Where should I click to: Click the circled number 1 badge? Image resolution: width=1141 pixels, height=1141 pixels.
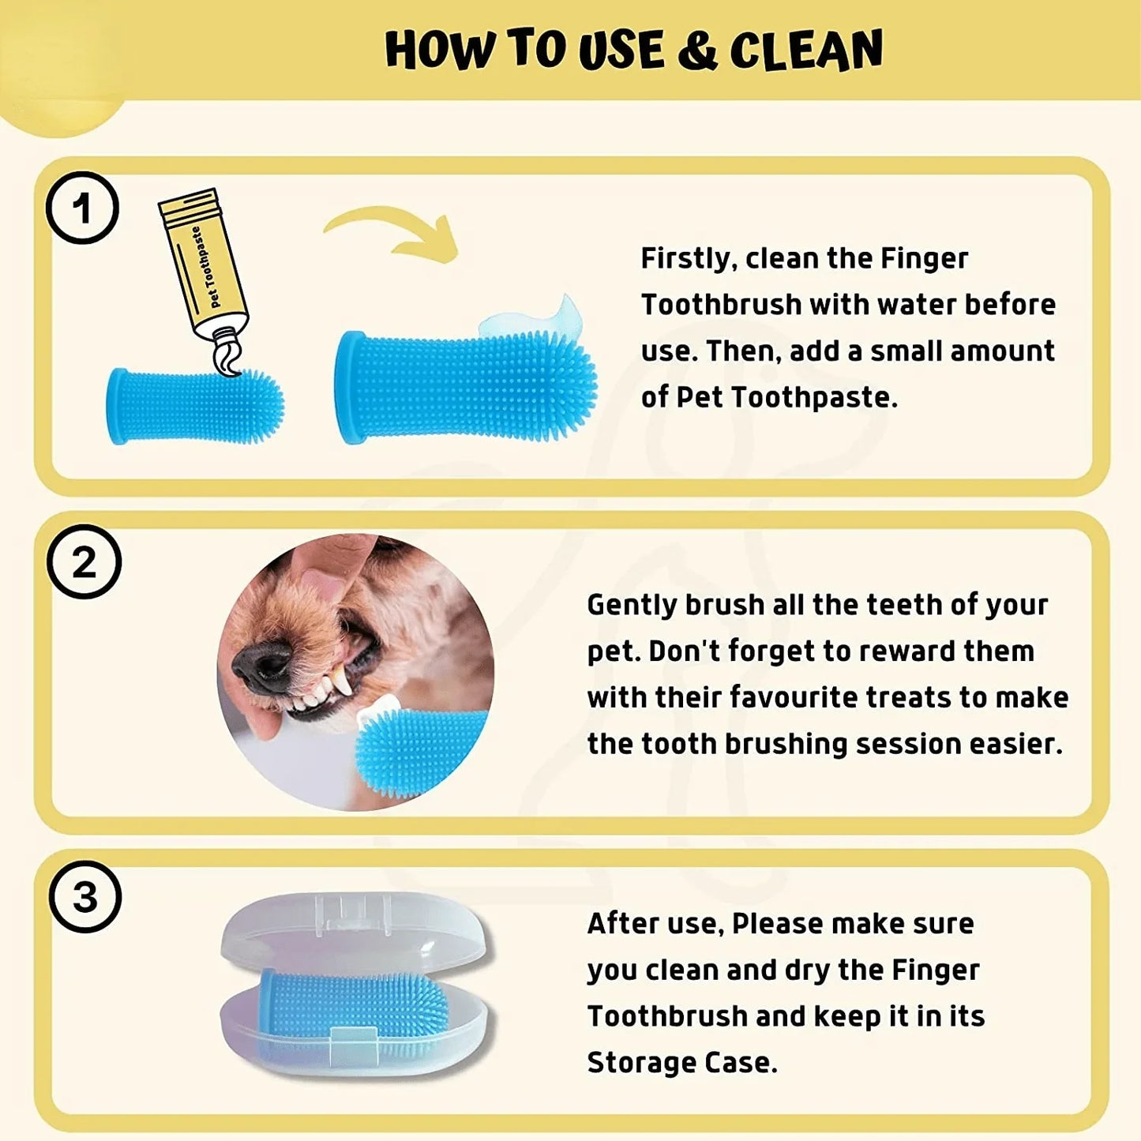tap(82, 208)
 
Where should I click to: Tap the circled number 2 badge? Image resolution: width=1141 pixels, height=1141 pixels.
tap(84, 561)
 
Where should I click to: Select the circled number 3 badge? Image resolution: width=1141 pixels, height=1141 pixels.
tap(84, 897)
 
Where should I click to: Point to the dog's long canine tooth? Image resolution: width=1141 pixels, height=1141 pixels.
tap(343, 681)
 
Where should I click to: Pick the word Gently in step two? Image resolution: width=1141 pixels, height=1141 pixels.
tap(632, 605)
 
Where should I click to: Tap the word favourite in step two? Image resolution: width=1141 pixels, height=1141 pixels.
tap(794, 697)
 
